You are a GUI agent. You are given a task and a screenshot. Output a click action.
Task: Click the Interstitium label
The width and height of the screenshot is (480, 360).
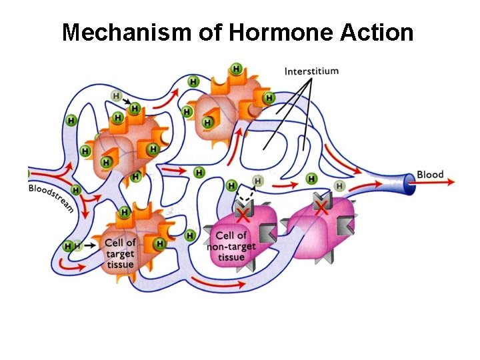(x=311, y=71)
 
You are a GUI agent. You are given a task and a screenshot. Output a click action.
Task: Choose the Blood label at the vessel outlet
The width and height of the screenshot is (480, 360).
(x=430, y=175)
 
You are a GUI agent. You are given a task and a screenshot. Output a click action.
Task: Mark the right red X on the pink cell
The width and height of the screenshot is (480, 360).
(x=322, y=209)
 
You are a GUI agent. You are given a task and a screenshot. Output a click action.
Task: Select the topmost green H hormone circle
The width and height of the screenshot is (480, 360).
(x=235, y=69)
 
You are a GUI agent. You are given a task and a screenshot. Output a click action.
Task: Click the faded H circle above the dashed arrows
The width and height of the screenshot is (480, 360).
(x=259, y=180)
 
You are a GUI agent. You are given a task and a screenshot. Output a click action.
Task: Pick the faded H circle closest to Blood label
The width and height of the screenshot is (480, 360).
(x=339, y=185)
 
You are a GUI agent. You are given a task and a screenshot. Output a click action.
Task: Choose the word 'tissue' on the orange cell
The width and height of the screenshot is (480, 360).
(x=120, y=264)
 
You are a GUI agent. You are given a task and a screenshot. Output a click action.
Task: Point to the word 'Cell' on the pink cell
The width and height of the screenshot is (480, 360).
(x=224, y=235)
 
